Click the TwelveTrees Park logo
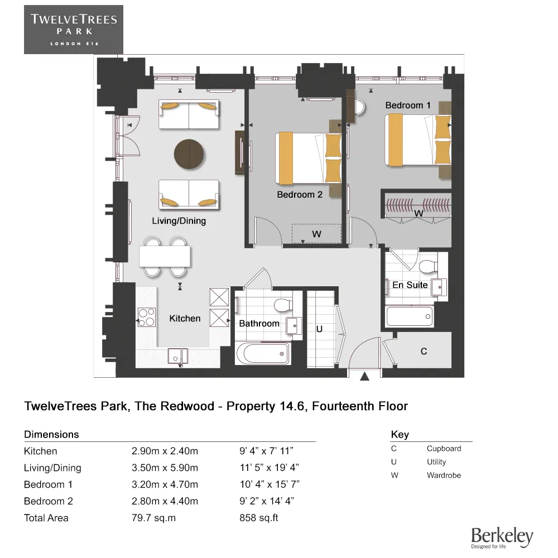74,30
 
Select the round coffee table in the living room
189,153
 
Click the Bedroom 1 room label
408,105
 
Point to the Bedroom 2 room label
300,195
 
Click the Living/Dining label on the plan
179,221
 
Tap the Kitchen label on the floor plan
185,319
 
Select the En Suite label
410,285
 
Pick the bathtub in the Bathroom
263,353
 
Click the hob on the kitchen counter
146,318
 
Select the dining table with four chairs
165,257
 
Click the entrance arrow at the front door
365,377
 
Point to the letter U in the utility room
319,330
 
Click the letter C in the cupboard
424,352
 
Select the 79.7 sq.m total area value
153,518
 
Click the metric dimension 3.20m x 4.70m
165,484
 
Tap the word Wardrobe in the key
444,475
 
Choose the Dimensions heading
51,434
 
